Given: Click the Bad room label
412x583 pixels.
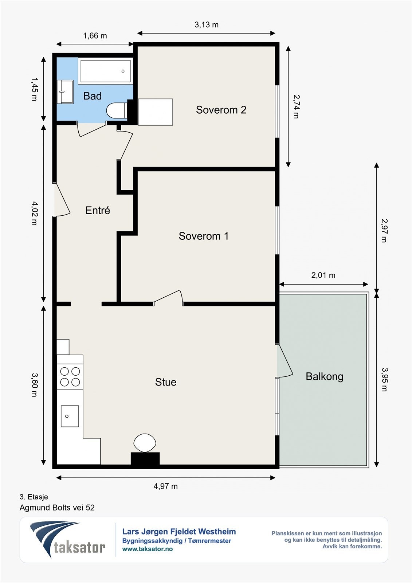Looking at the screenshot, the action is coord(93,96).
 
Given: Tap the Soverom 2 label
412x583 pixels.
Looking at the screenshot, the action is coord(221,110).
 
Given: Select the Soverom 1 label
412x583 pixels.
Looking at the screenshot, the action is coord(204,236).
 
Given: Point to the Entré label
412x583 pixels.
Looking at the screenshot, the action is coord(98,210).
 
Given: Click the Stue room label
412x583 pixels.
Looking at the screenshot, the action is coord(166,382).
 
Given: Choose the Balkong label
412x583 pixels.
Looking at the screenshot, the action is coord(325,377).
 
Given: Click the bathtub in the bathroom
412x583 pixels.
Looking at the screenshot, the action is coord(105,71).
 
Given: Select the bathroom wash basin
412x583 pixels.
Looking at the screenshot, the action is coord(65,91).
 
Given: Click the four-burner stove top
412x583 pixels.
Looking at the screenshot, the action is coord(70,376).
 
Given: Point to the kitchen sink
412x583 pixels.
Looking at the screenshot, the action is coord(70,416).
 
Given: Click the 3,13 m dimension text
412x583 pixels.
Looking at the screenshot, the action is coord(207,25).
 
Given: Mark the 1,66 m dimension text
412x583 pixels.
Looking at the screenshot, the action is coord(95,36).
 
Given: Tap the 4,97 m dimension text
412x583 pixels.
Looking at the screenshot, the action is coord(165,486).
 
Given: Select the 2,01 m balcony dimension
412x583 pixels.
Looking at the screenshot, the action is coord(323,275).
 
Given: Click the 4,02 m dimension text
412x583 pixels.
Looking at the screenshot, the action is coord(35,213).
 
